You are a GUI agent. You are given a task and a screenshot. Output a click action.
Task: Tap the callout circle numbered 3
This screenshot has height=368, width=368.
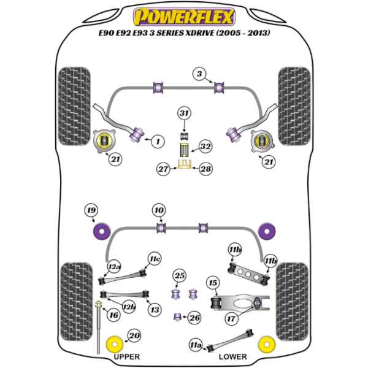[199, 74]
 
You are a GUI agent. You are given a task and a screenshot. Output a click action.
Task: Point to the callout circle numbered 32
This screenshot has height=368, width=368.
[205, 147]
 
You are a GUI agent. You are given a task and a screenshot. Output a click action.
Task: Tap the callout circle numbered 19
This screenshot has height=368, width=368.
[91, 212]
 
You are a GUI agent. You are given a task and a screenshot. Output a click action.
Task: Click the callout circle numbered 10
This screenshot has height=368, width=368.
[159, 212]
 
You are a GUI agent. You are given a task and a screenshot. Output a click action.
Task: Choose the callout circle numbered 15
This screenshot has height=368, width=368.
[212, 283]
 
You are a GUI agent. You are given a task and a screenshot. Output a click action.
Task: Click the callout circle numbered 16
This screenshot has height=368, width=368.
[113, 315]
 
